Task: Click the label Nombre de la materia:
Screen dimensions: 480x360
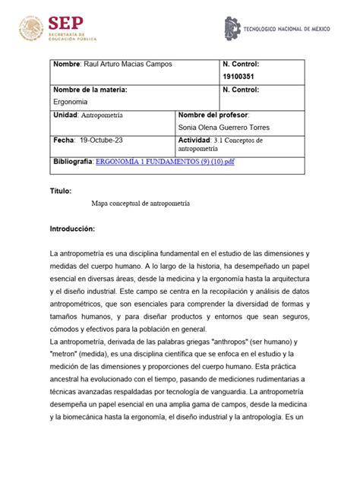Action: click(90, 90)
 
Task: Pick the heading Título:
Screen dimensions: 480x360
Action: click(62, 191)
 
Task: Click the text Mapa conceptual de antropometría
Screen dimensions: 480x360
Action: click(141, 204)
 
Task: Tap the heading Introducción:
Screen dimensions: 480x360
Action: click(73, 228)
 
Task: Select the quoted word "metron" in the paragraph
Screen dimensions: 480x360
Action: click(66, 355)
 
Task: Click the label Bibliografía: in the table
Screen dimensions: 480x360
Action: click(73, 162)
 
